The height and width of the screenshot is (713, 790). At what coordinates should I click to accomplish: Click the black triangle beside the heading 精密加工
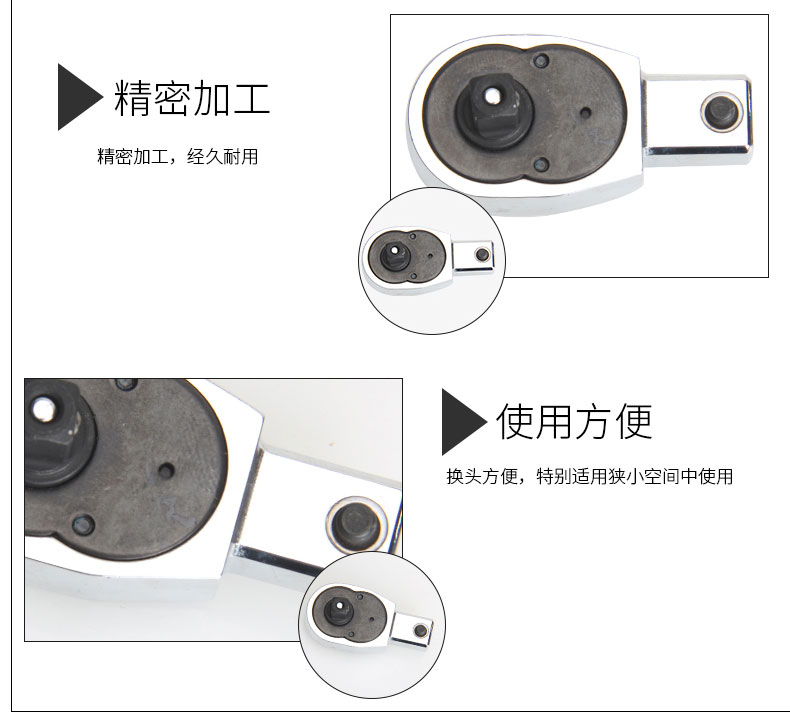coord(76,97)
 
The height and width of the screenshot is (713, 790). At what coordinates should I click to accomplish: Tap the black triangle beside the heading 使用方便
coord(459,422)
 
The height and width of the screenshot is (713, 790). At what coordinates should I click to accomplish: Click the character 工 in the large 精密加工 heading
coord(251,98)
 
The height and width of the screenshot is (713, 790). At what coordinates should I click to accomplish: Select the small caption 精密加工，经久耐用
coord(177,156)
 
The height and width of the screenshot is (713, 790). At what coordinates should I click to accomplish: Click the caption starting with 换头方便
coord(589,476)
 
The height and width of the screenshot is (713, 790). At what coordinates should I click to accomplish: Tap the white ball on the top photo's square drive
coord(488,94)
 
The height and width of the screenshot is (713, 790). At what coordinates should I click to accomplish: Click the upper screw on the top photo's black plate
coord(542,61)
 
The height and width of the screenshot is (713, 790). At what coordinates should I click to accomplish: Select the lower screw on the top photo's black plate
coord(542,164)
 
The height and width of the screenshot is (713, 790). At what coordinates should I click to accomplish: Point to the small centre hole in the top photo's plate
coord(585,112)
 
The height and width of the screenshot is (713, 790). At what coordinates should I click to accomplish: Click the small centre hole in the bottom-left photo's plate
coord(166,472)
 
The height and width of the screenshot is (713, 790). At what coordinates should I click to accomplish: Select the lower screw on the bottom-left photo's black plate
coord(84,524)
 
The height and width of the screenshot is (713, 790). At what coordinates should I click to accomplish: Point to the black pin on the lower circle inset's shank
coord(420,630)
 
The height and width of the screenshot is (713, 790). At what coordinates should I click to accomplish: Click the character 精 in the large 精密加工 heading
coord(133,98)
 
